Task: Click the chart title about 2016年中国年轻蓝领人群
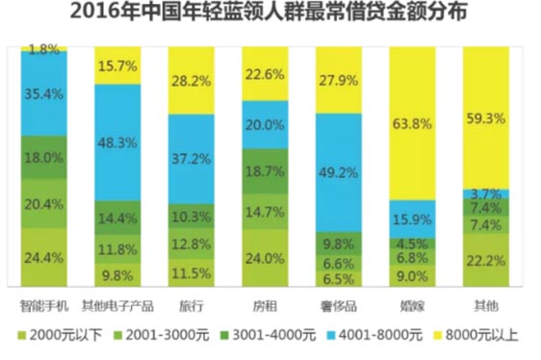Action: pos(270,13)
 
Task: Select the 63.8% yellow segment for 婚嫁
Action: pos(412,123)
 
